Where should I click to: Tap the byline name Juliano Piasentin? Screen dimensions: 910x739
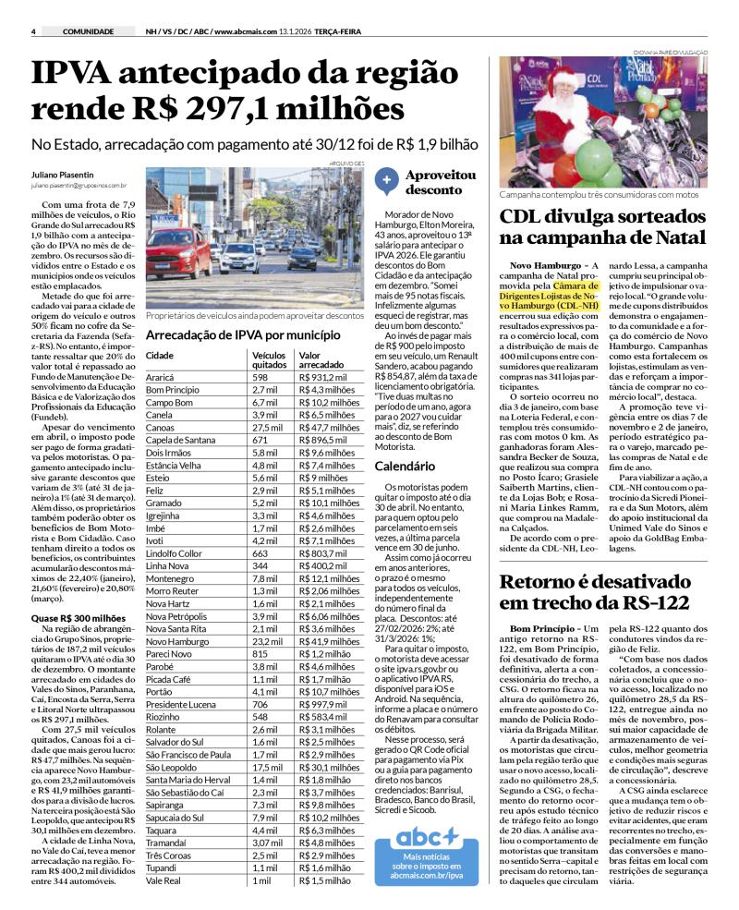[63, 175]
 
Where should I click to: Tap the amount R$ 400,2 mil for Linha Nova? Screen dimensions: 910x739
[317, 565]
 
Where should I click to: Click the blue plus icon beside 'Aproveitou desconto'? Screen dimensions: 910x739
[387, 181]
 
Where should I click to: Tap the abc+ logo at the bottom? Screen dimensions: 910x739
[426, 838]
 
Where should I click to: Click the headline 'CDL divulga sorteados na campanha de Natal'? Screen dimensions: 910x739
[602, 226]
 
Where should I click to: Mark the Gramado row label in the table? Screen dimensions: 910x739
[164, 503]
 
